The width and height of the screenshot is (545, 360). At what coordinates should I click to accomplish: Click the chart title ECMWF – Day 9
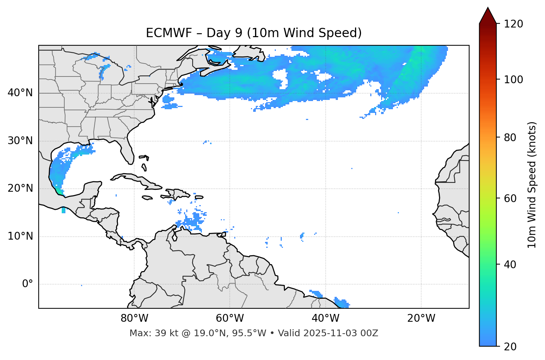pos(254,33)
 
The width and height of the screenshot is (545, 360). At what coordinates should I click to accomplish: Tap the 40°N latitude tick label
pos(20,93)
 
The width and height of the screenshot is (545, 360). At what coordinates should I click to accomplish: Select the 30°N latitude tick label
pos(20,140)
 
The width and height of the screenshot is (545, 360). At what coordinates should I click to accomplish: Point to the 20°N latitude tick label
pos(20,188)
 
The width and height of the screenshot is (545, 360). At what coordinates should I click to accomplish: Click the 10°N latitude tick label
pos(20,236)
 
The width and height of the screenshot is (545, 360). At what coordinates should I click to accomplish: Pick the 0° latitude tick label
pos(27,284)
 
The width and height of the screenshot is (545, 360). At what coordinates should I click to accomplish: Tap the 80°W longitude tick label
pos(134,318)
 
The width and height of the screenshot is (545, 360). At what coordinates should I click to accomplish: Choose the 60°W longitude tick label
pos(230,318)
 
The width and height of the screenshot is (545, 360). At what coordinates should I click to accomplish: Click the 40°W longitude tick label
pos(325,318)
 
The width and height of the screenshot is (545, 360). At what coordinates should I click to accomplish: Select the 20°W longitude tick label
pos(421,318)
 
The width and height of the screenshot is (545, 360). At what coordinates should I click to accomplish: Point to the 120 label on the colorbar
pos(513,24)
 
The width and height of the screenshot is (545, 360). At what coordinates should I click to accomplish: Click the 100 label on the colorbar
pos(513,80)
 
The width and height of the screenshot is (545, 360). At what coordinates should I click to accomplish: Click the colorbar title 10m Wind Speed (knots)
pos(532,185)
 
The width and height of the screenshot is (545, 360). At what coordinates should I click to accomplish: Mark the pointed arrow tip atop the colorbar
pos(488,8)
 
